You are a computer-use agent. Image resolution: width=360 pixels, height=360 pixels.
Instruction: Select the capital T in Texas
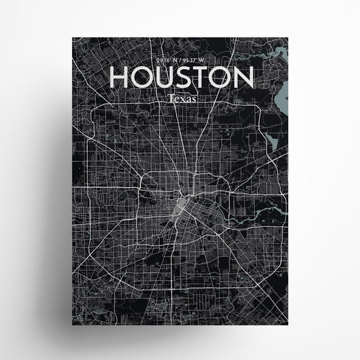pos(169,96)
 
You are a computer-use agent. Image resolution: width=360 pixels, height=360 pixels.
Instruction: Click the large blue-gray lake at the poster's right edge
pos(282,94)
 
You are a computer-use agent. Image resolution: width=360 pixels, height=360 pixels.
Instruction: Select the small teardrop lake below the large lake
pos(273,141)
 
